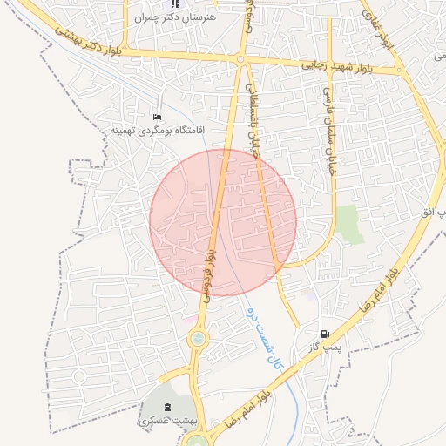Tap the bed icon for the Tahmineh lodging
[157, 117]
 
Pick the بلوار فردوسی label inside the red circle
[210, 273]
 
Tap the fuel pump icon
[325, 333]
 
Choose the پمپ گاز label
[321, 347]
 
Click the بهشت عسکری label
[168, 421]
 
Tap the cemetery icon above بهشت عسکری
[168, 406]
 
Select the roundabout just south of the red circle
[199, 338]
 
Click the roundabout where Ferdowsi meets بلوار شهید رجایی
[240, 59]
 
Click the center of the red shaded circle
[223, 222]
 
